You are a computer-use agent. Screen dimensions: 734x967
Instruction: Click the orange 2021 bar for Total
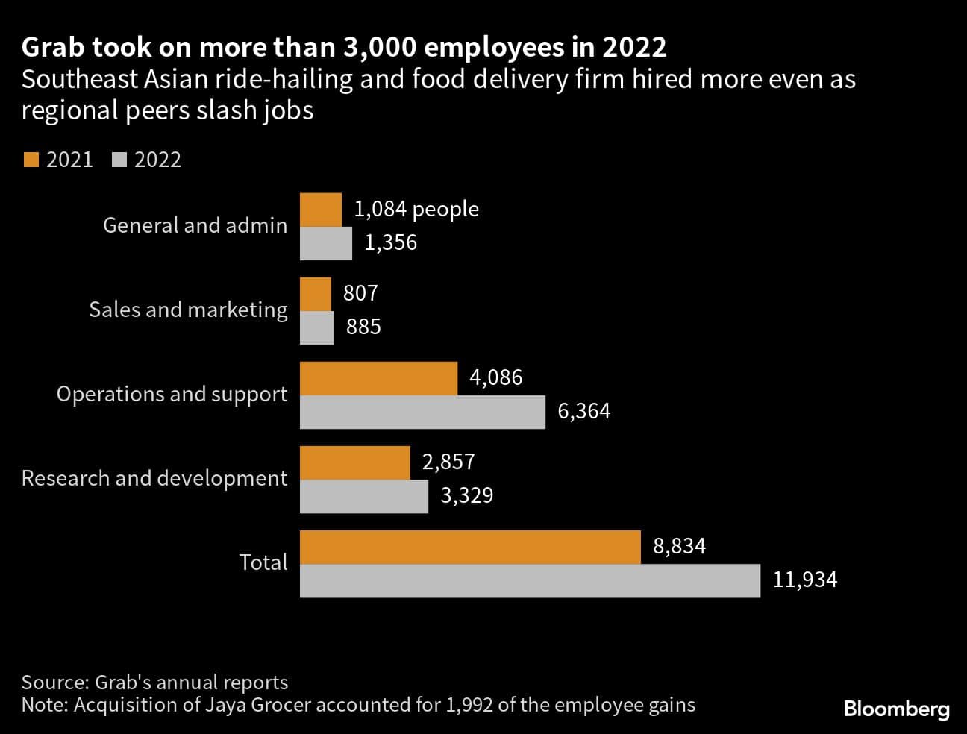pos(470,547)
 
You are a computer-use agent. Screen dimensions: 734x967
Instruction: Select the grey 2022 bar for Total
pos(530,580)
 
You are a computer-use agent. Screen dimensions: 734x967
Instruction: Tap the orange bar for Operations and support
pos(378,378)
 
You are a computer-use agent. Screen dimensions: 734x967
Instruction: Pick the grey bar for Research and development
pos(364,496)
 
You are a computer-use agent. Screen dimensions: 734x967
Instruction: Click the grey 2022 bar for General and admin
pos(326,243)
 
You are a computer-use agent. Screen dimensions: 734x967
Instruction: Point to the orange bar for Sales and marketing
pos(316,293)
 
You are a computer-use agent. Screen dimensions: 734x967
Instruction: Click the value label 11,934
pos(804,580)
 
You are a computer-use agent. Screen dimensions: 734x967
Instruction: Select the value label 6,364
pos(583,411)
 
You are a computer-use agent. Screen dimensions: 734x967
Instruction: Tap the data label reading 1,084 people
pos(416,210)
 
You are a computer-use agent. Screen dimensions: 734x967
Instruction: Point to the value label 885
pos(363,327)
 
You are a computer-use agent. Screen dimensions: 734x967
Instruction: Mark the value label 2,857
pos(448,462)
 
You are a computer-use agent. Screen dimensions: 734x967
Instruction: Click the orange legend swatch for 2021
pos(31,160)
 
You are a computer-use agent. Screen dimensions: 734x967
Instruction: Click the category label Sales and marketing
pos(188,310)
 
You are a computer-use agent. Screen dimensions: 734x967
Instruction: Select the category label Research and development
pos(154,478)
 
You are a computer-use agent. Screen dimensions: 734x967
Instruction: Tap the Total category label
pos(263,562)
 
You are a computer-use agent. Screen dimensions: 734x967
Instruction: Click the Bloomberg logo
pos(896,709)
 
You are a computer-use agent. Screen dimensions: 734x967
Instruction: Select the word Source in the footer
pos(54,682)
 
